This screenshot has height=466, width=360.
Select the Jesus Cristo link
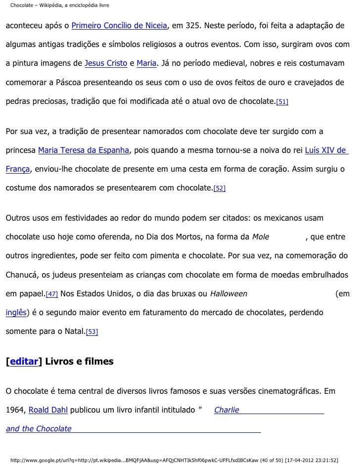[x=106, y=64]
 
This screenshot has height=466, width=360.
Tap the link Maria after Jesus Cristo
[x=146, y=64]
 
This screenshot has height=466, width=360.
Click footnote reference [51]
[x=282, y=102]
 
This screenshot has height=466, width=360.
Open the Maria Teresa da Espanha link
[x=83, y=150]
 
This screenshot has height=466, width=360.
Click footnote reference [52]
[x=219, y=189]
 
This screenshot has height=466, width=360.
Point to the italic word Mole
[x=261, y=237]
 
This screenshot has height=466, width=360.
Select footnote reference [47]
[x=51, y=294]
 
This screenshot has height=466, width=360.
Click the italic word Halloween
[x=228, y=294]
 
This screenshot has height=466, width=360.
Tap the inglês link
[x=16, y=313]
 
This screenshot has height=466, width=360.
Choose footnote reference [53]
[x=91, y=332]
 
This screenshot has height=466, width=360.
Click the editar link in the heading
[x=24, y=362]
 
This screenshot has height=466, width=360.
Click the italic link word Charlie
[x=226, y=410]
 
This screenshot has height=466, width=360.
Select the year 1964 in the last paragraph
[x=15, y=410]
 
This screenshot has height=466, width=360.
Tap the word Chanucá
[x=22, y=275]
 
